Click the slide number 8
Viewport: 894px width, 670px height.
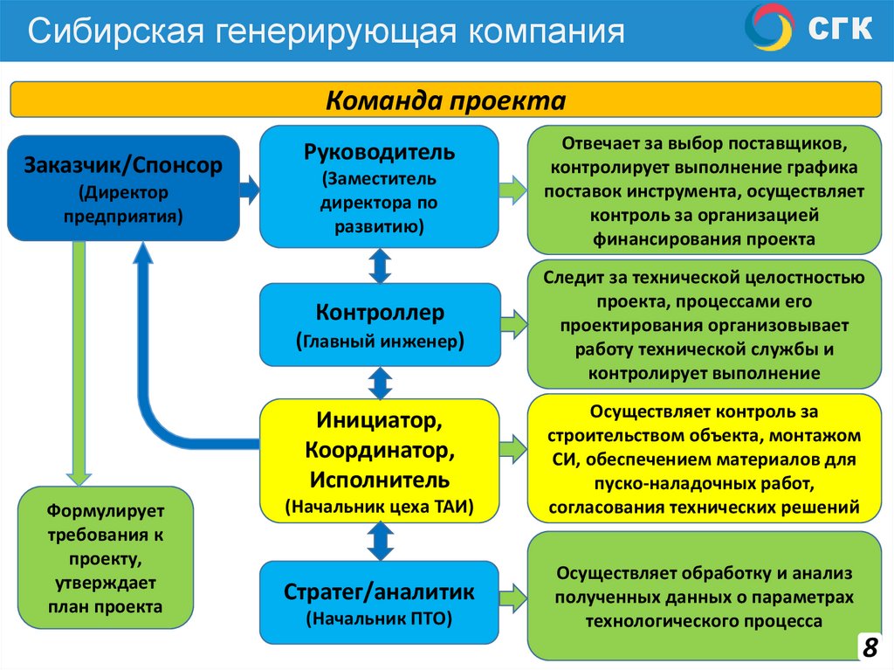pyautogui.click(x=870, y=647)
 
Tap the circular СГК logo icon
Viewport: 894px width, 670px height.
pyautogui.click(x=769, y=28)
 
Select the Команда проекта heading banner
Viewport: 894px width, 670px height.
pyautogui.click(x=446, y=100)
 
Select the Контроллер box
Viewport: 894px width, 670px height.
pyautogui.click(x=380, y=324)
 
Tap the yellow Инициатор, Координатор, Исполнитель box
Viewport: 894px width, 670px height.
pyautogui.click(x=380, y=459)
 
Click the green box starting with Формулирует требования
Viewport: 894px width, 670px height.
pyautogui.click(x=106, y=557)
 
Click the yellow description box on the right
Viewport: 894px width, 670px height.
pyautogui.click(x=704, y=459)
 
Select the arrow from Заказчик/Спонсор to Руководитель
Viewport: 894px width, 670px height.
pyautogui.click(x=250, y=188)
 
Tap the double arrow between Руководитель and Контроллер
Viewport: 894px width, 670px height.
pyautogui.click(x=380, y=266)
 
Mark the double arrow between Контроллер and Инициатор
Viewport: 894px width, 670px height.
pyautogui.click(x=380, y=382)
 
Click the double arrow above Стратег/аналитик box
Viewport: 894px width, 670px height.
pyautogui.click(x=380, y=542)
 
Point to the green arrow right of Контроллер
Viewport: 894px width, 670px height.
pyautogui.click(x=514, y=323)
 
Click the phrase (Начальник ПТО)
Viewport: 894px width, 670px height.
pyautogui.click(x=379, y=620)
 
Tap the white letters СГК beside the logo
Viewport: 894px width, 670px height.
pyautogui.click(x=839, y=29)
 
